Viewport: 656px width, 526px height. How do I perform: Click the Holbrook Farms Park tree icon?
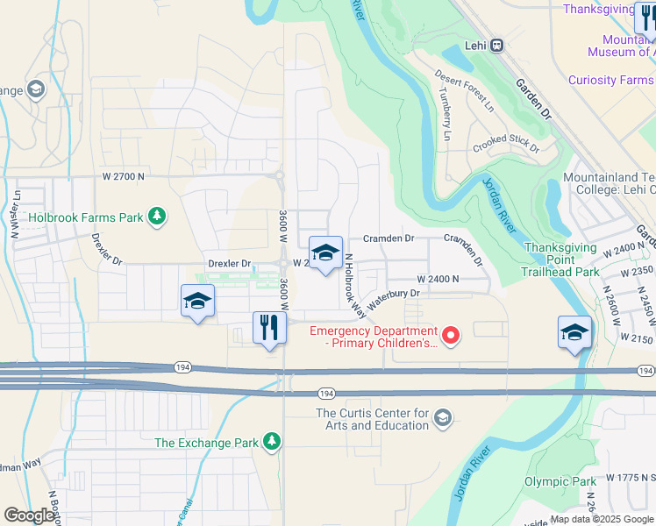(x=157, y=216)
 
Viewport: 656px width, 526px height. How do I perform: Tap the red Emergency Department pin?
(x=451, y=335)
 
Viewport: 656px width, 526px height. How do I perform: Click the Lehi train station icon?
(x=496, y=45)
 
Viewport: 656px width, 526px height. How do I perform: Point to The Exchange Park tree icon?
(x=273, y=441)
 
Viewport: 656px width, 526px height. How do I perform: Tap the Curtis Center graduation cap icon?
(x=442, y=416)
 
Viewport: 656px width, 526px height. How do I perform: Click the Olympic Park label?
(x=560, y=481)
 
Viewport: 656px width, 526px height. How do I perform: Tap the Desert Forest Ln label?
(x=464, y=90)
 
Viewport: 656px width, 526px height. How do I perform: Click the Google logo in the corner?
(x=30, y=515)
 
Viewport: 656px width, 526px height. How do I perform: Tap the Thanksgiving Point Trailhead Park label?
(x=561, y=259)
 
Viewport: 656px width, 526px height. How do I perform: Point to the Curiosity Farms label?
(x=610, y=80)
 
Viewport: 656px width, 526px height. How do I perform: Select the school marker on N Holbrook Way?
(x=325, y=253)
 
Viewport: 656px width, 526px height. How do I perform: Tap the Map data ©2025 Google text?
(x=601, y=519)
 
